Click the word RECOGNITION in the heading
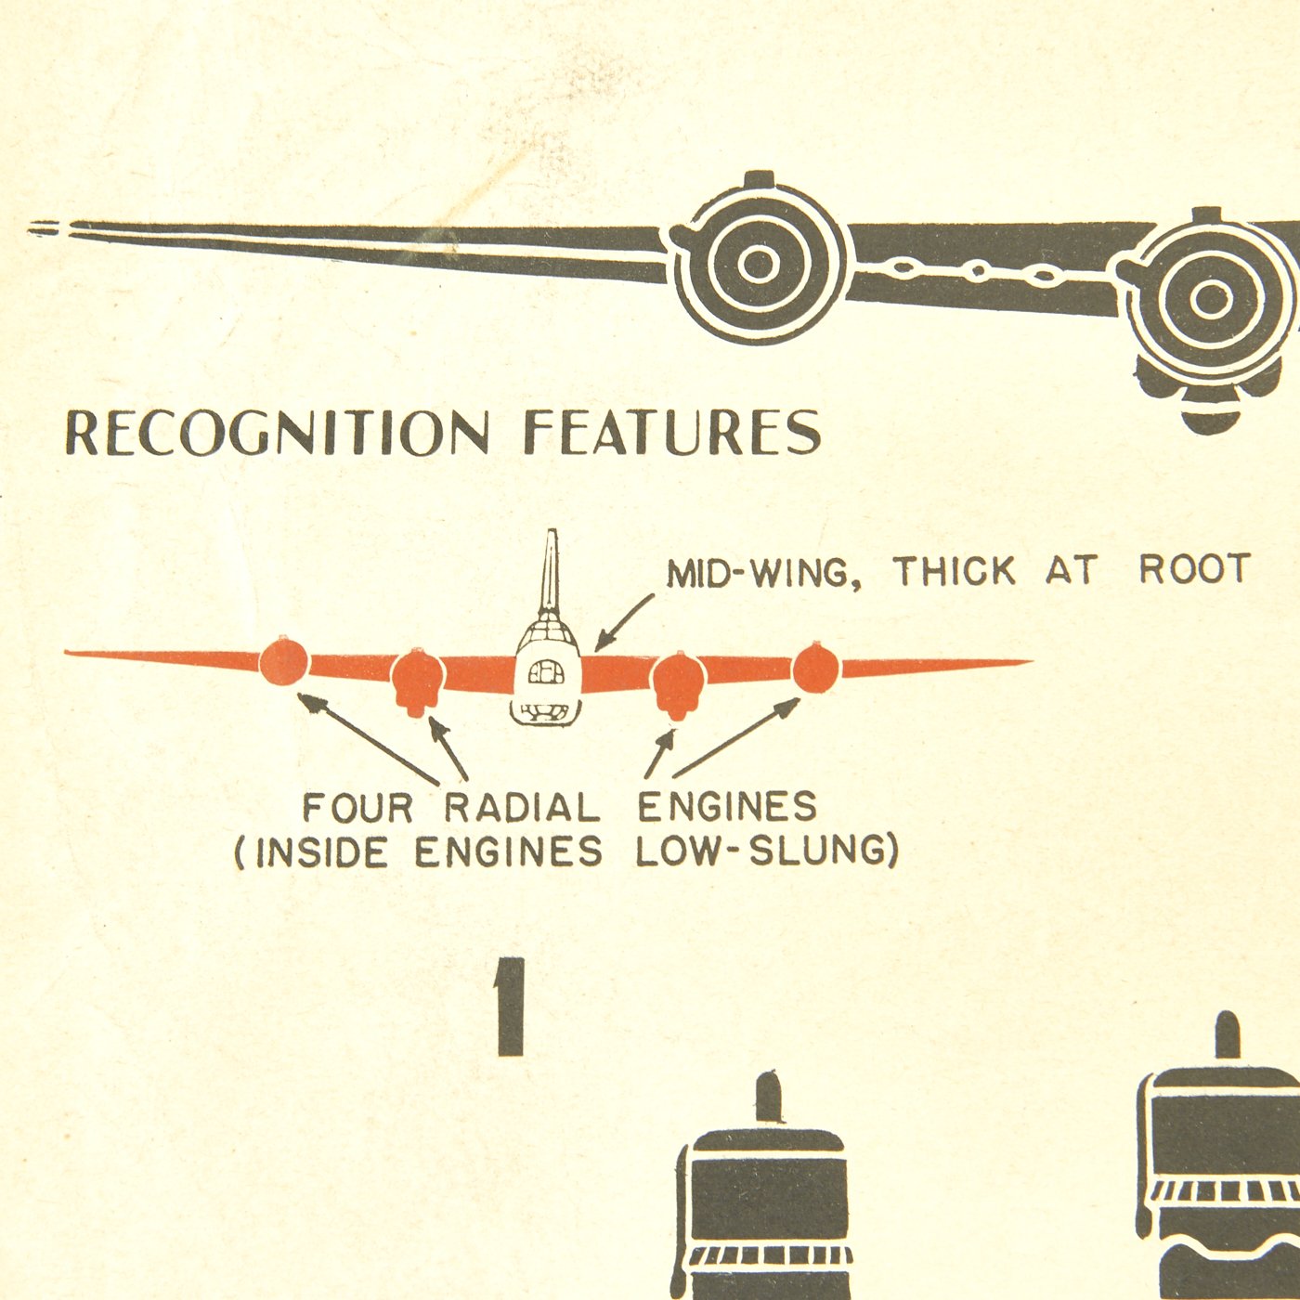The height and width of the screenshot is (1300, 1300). point(277,433)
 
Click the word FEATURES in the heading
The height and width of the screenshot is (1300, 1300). point(672,432)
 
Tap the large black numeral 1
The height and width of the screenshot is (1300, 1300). point(511,1007)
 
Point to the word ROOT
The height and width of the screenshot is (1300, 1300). point(1195,569)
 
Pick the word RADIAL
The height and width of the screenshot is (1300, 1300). point(522,808)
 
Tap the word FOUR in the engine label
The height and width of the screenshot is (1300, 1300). point(357,808)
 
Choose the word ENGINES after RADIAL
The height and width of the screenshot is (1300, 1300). point(727,806)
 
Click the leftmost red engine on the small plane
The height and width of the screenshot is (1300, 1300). point(283,662)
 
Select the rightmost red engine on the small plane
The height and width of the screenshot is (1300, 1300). point(815,666)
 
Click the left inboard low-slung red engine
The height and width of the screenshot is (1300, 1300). point(418,680)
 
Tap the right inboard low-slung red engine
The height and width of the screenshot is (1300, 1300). point(678,682)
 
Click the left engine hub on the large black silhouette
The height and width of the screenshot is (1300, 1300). point(759,264)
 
